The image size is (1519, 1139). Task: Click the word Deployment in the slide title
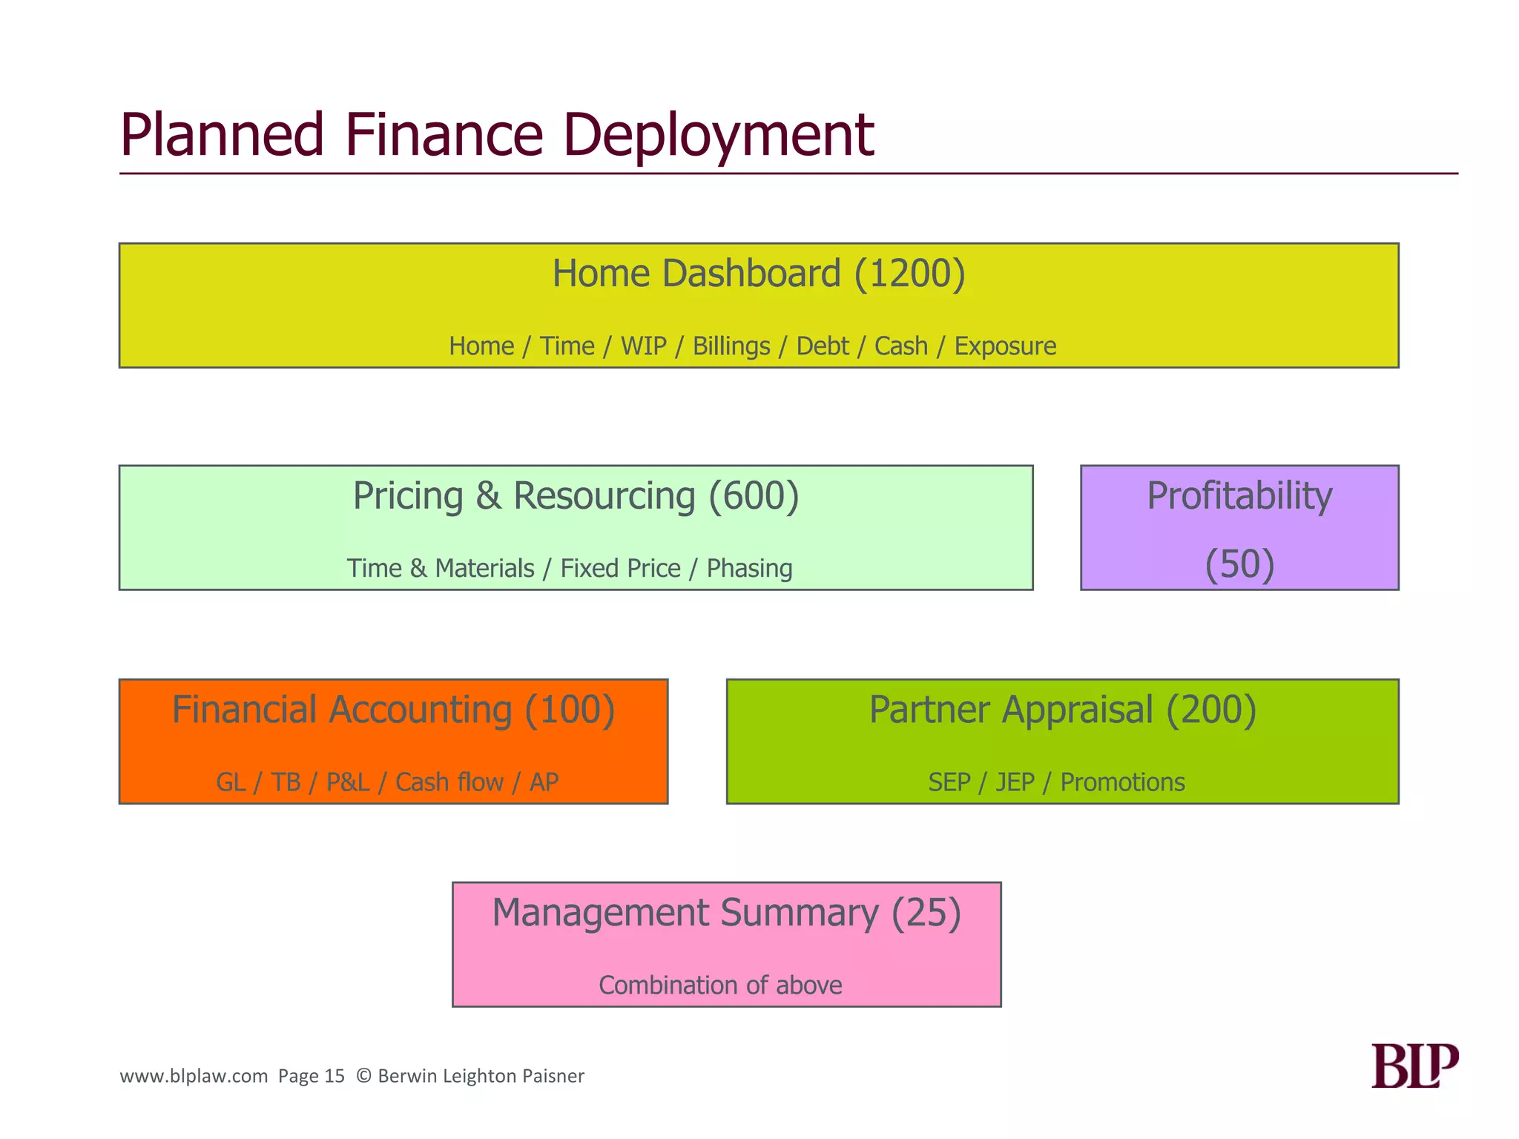tap(718, 136)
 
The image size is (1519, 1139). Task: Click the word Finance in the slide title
tap(444, 136)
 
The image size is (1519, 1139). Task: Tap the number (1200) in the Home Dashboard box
tap(909, 274)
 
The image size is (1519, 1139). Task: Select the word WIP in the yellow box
tap(643, 346)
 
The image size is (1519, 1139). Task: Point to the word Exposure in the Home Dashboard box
tap(1004, 346)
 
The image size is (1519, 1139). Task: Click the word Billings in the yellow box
tap(731, 346)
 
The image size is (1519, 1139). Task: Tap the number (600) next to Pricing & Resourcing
tap(754, 496)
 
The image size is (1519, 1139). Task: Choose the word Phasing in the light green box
tap(749, 569)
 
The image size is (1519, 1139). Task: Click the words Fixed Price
tap(620, 569)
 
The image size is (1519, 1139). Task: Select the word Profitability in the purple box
tap(1239, 496)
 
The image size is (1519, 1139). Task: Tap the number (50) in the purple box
tap(1239, 564)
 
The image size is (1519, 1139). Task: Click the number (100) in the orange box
tap(570, 710)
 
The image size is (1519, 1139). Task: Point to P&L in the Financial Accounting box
tap(348, 782)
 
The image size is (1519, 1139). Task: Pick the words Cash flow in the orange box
tap(449, 782)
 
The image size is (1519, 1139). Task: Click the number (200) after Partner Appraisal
tap(1210, 710)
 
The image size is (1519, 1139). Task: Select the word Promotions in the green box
tap(1122, 782)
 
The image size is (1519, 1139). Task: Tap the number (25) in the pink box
tap(926, 913)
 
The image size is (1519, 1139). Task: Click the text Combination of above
tap(720, 986)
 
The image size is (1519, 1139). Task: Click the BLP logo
tap(1414, 1066)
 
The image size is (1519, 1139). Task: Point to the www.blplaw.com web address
tap(194, 1076)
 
